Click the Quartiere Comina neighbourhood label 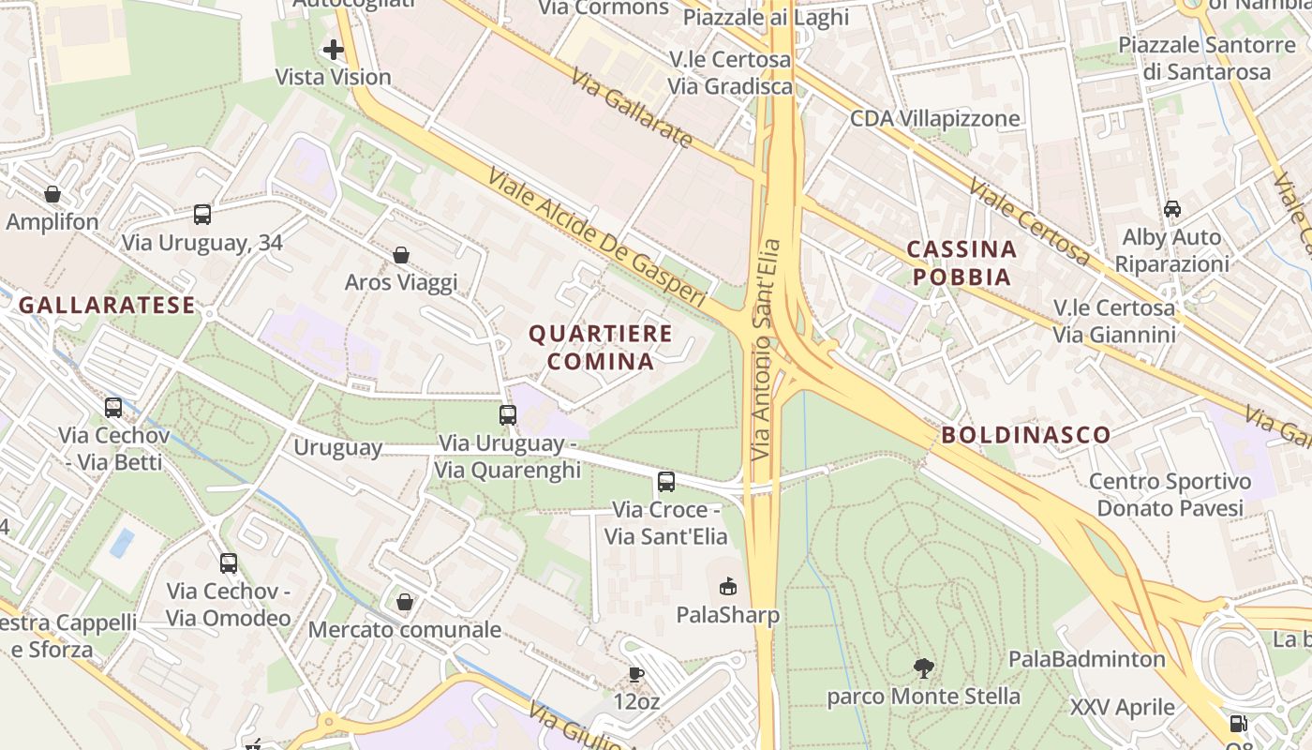(601, 347)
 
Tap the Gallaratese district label (107, 305)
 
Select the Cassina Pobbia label (962, 262)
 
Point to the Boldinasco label (1026, 435)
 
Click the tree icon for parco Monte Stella (924, 668)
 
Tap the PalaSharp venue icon (727, 587)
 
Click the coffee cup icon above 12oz (636, 674)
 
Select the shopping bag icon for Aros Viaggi (401, 255)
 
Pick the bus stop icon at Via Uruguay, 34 (202, 215)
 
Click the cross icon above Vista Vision (334, 50)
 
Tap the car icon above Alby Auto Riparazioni (1172, 208)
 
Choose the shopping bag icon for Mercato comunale (405, 602)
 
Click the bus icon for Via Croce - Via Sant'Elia (666, 482)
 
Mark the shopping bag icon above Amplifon (52, 194)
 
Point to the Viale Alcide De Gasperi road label (595, 236)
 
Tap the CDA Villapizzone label (934, 118)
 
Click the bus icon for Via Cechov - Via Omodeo (229, 563)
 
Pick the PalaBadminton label (1086, 659)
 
